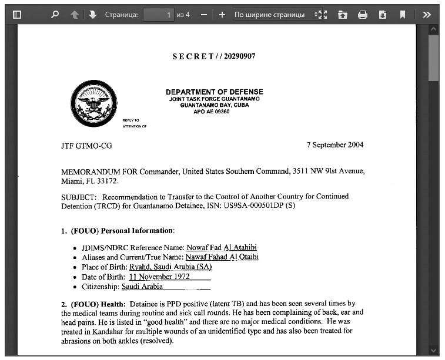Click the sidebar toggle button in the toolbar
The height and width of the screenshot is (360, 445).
(17, 15)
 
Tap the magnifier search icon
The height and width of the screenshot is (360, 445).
(55, 15)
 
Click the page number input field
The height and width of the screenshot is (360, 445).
(158, 15)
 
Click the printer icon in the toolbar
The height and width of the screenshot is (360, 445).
(363, 15)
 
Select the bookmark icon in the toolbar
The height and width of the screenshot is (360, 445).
(403, 15)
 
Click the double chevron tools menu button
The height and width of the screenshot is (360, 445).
(427, 15)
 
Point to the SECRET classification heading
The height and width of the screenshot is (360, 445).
(213, 56)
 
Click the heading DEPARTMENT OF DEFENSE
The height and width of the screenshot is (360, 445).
(214, 92)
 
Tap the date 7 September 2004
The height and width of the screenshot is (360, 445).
(335, 145)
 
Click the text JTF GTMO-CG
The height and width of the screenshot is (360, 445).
(86, 146)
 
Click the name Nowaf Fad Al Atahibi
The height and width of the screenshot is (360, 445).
(222, 248)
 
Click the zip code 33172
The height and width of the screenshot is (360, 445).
(95, 181)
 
